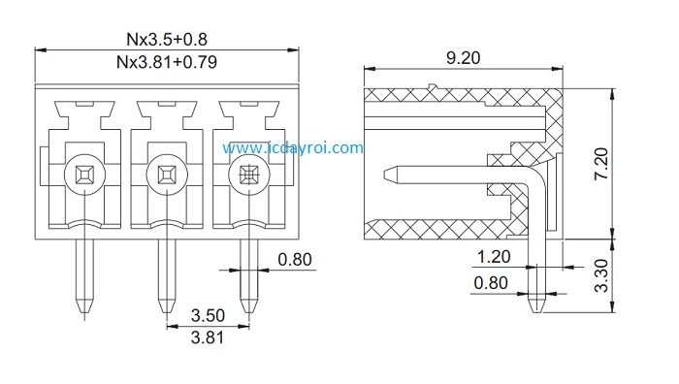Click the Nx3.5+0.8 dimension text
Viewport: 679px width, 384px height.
tap(167, 39)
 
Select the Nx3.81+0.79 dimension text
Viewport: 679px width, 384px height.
tap(167, 62)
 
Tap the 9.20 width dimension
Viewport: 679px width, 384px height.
tap(463, 57)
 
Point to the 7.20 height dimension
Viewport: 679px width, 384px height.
tap(601, 164)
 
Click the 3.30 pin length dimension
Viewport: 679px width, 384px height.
tap(601, 275)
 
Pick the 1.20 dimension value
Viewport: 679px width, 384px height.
tap(494, 257)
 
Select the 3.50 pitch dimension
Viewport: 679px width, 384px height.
tap(208, 315)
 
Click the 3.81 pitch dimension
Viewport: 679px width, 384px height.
tap(208, 337)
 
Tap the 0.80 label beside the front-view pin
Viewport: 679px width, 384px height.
tap(295, 259)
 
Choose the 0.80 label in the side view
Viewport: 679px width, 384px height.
tap(491, 283)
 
